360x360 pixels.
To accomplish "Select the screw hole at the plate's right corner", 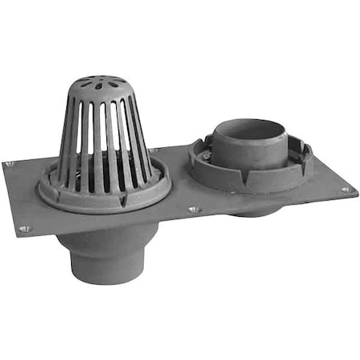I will pos(346,190).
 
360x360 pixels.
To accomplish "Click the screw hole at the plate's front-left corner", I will pos(23,229).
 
